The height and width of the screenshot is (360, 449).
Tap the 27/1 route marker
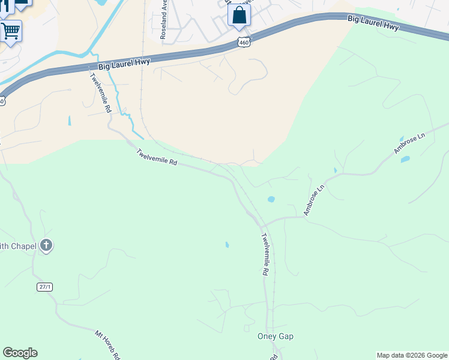(45, 287)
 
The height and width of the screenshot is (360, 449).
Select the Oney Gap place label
(275, 336)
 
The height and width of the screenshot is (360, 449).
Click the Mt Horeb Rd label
(109, 344)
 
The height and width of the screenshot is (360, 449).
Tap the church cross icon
(47, 245)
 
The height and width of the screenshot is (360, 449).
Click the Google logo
(20, 353)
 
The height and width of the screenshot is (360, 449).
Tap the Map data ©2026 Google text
(412, 355)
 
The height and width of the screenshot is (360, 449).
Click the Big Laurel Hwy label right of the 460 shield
(373, 23)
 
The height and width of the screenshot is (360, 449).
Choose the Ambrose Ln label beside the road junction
(313, 199)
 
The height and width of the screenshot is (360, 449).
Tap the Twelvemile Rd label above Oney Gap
(264, 255)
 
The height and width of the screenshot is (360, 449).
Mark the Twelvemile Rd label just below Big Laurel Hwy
(101, 93)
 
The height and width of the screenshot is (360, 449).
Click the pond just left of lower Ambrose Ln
(271, 199)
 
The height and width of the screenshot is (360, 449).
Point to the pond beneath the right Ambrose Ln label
(405, 160)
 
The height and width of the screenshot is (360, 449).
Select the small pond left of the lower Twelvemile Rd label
(227, 245)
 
